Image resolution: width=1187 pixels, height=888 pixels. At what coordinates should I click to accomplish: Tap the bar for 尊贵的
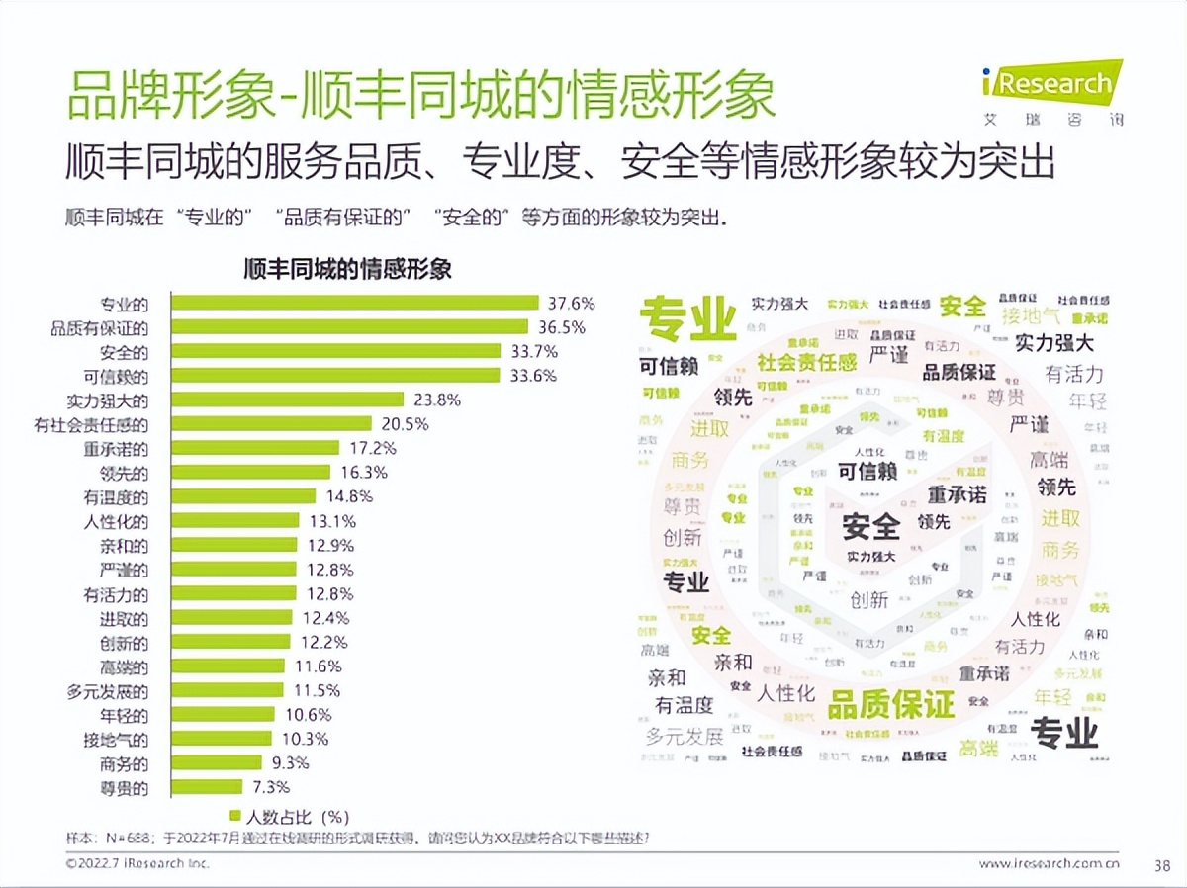pos(208,787)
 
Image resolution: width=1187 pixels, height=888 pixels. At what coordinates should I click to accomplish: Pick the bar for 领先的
pos(251,473)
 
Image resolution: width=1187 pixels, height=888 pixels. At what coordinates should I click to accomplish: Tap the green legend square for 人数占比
pos(235,816)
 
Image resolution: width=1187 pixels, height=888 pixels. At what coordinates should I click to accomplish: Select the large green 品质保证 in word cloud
pos(890,704)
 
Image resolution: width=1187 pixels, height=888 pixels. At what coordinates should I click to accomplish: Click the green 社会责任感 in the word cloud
pos(806,362)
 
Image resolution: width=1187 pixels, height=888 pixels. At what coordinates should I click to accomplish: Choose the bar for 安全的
pos(336,351)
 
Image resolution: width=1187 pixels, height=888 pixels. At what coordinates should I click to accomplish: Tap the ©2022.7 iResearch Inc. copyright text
pos(137,864)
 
